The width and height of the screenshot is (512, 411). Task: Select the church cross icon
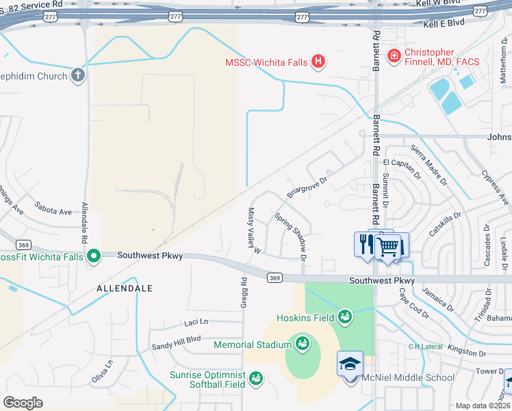coord(78,75)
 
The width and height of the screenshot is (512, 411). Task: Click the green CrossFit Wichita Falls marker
coord(94,257)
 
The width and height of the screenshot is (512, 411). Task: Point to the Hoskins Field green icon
coord(346,317)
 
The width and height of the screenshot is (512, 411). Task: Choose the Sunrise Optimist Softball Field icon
coord(256,378)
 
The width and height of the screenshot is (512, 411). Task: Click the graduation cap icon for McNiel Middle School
coord(350,364)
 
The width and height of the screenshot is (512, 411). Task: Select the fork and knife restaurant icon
coord(366,243)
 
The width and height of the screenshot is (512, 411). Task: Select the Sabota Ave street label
coord(53,212)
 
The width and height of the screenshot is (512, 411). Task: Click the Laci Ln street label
coord(195,321)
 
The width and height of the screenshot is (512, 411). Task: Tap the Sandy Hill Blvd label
coord(176,338)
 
